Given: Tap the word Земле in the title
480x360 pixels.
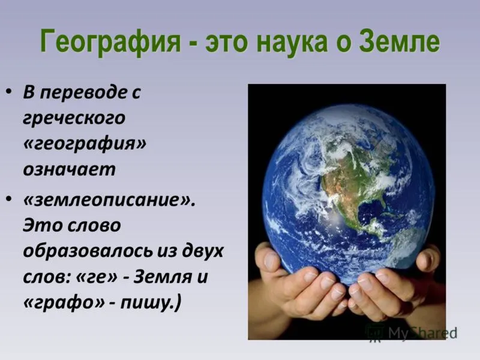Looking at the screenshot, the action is coord(400,40).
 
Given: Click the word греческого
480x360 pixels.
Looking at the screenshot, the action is coord(74,118).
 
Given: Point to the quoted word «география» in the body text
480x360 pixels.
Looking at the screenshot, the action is coord(85,144).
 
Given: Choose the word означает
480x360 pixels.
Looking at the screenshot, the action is coord(69,169).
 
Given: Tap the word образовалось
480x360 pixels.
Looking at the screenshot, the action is coord(88,251).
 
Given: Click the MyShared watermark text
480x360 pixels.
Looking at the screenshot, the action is coord(423,333).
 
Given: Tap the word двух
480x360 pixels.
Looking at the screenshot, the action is coord(203,251).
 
